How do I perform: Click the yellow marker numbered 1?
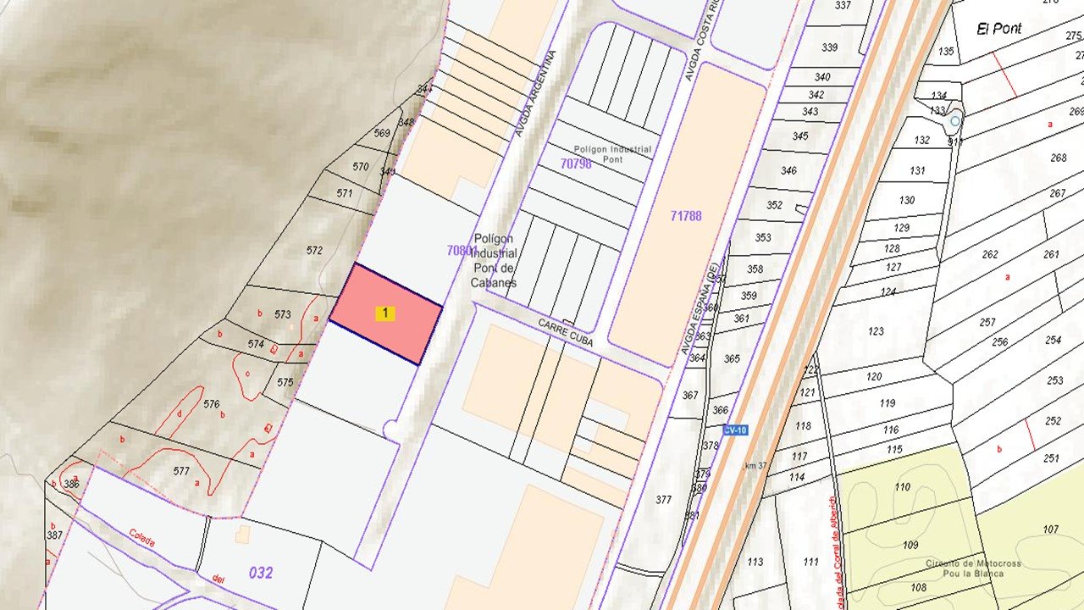(385, 313)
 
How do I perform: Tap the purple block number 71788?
(685, 216)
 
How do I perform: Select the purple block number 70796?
(576, 164)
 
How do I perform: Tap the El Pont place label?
(999, 29)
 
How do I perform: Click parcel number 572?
(314, 250)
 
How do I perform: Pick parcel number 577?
(180, 471)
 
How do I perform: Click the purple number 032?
(261, 573)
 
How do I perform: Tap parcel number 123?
(875, 330)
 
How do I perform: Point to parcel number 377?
(663, 500)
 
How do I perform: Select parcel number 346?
(788, 170)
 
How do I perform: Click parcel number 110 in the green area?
(902, 487)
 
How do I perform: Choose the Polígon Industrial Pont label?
(613, 154)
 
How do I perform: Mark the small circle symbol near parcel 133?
(955, 121)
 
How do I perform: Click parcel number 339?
(829, 47)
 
